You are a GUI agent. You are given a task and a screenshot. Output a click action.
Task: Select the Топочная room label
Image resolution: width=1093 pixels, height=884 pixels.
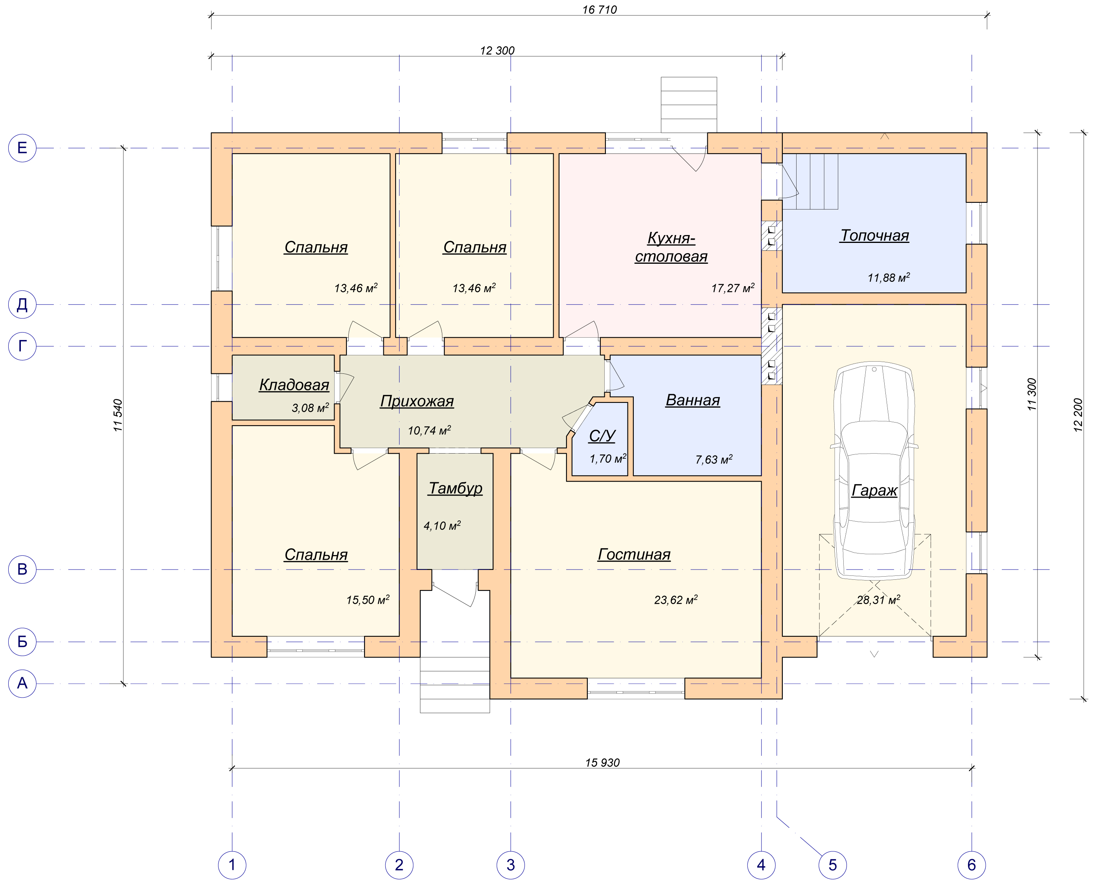[874, 235]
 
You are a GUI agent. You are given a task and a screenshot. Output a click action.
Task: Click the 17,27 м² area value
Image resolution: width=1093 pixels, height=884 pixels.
[733, 288]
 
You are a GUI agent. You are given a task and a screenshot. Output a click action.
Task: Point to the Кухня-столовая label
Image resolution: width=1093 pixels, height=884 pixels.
[671, 247]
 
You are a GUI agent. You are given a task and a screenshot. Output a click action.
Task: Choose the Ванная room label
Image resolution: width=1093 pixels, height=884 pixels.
[693, 400]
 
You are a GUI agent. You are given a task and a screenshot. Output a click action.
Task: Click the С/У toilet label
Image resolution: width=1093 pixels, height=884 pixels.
[602, 436]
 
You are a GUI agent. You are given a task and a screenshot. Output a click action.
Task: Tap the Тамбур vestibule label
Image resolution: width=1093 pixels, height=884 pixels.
[455, 488]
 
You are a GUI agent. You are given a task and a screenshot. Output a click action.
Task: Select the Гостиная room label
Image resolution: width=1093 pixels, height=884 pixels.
[634, 554]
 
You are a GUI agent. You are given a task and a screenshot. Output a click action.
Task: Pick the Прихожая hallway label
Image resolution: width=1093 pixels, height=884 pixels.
[417, 401]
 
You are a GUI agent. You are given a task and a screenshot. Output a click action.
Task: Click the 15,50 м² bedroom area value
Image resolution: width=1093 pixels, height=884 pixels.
[368, 600]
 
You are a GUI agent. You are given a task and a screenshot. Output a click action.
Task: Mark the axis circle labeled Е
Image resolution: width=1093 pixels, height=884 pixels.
[22, 148]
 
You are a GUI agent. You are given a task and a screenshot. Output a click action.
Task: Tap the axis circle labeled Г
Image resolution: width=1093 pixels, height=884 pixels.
[22, 346]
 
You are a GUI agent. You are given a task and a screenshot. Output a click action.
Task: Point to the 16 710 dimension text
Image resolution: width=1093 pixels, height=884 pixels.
[600, 10]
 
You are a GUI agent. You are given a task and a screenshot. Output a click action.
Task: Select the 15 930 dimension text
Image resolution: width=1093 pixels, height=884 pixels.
[602, 762]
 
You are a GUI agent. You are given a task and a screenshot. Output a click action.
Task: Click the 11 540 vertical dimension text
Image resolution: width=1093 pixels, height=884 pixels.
[118, 415]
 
